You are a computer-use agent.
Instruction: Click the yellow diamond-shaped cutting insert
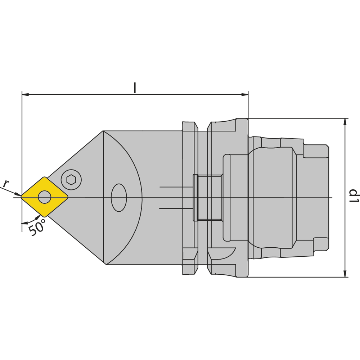45,197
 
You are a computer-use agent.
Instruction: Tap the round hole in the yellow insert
45,197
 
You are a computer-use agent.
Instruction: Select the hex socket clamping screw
71,180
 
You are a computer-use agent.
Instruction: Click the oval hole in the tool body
119,198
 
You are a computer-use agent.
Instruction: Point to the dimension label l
135,88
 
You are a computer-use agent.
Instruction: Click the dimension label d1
354,195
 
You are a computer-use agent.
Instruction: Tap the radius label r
6,184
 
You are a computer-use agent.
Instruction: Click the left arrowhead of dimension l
25,94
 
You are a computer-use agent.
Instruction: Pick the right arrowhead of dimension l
245,94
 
